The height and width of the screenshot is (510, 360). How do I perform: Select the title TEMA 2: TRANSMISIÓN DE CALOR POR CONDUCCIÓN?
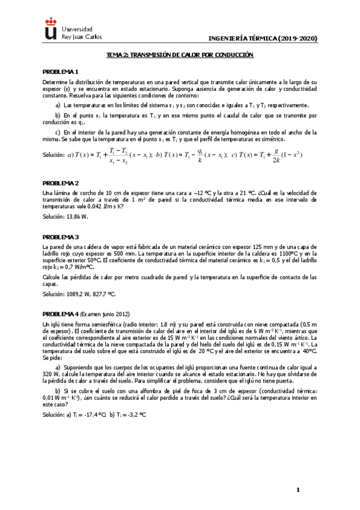[x=180, y=55]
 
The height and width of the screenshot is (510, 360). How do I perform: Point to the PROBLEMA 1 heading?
[x=61, y=72]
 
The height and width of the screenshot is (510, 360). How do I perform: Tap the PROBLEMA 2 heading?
[x=61, y=182]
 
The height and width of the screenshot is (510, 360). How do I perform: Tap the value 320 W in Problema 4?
[x=49, y=372]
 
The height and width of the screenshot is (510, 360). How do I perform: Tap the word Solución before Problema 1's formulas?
[x=53, y=155]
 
